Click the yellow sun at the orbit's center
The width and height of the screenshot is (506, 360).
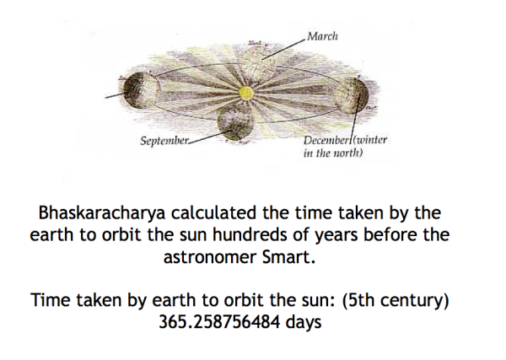[x=245, y=94]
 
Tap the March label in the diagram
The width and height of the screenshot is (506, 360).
[x=322, y=35]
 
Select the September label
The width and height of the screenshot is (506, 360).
[x=164, y=141]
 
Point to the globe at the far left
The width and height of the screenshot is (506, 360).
[x=142, y=89]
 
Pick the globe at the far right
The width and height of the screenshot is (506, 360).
[x=351, y=95]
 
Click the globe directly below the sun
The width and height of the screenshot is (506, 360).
[x=235, y=122]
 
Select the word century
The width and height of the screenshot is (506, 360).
[x=412, y=301]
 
